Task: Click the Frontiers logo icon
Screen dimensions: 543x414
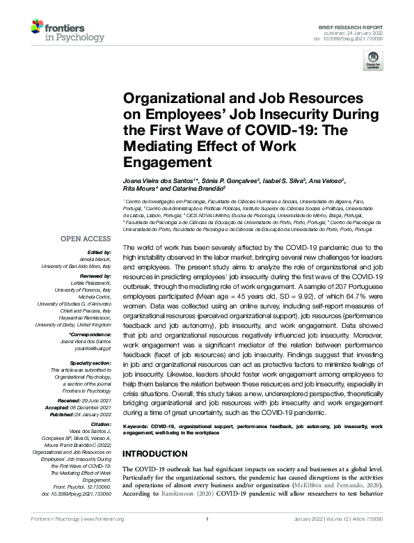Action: point(38,28)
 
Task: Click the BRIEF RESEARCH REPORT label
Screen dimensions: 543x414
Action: point(356,24)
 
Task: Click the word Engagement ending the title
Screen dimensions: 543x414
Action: point(156,162)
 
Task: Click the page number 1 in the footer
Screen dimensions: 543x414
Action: point(207,519)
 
